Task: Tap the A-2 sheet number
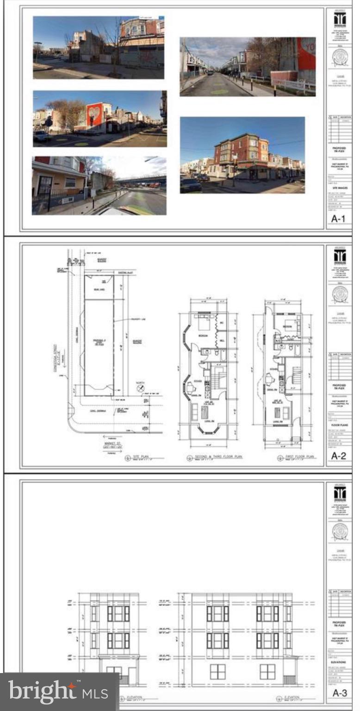point(340,456)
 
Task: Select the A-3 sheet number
point(340,693)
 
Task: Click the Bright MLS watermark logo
point(58,692)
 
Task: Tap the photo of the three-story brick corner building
point(242,155)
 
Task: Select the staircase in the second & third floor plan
point(217,377)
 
